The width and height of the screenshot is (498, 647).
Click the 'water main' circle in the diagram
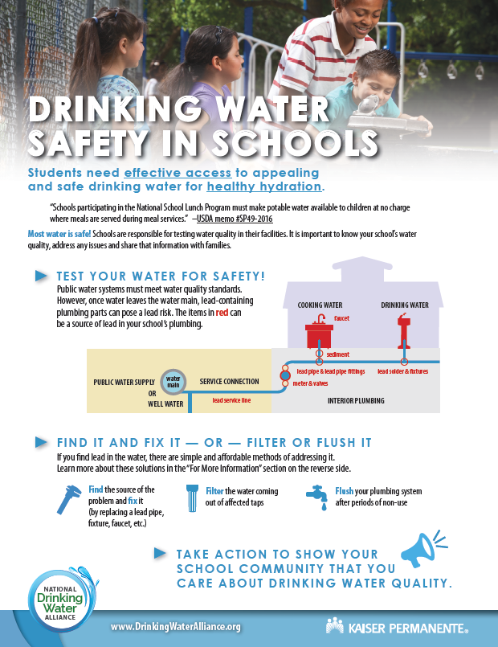click(x=173, y=382)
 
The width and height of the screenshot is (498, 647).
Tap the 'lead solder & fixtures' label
click(x=404, y=371)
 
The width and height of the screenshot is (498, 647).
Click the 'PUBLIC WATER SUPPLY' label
click(x=123, y=381)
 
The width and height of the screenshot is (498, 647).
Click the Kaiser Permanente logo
click(x=397, y=625)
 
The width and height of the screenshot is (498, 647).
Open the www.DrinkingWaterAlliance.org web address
click(x=175, y=626)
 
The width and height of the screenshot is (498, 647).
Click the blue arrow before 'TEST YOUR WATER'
click(x=41, y=276)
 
